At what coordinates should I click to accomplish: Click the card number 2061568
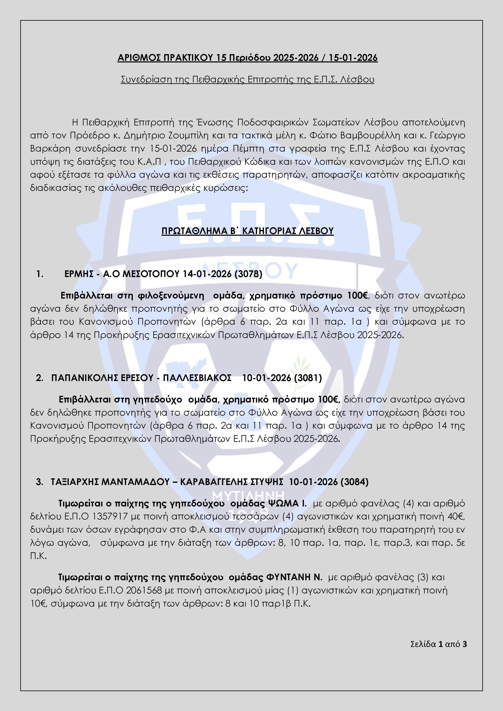tap(144, 590)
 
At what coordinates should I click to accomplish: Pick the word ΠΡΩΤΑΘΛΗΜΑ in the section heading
tap(194, 231)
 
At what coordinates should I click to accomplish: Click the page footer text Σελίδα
tap(423, 645)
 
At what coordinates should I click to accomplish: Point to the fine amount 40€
tap(456, 517)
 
